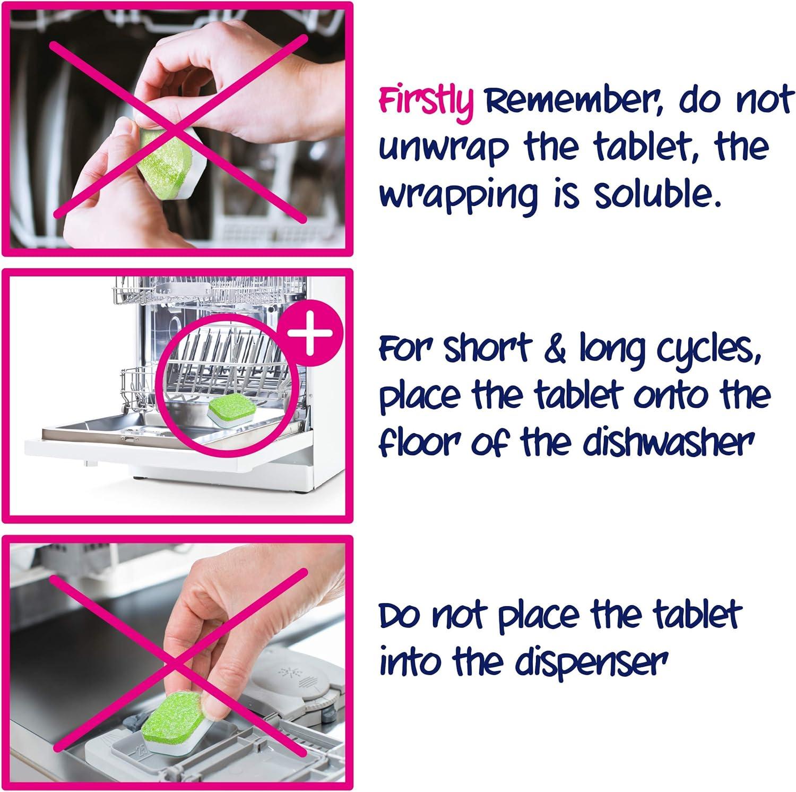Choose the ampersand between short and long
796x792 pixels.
point(555,350)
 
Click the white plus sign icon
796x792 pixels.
point(309,334)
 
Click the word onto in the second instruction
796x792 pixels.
point(660,397)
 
